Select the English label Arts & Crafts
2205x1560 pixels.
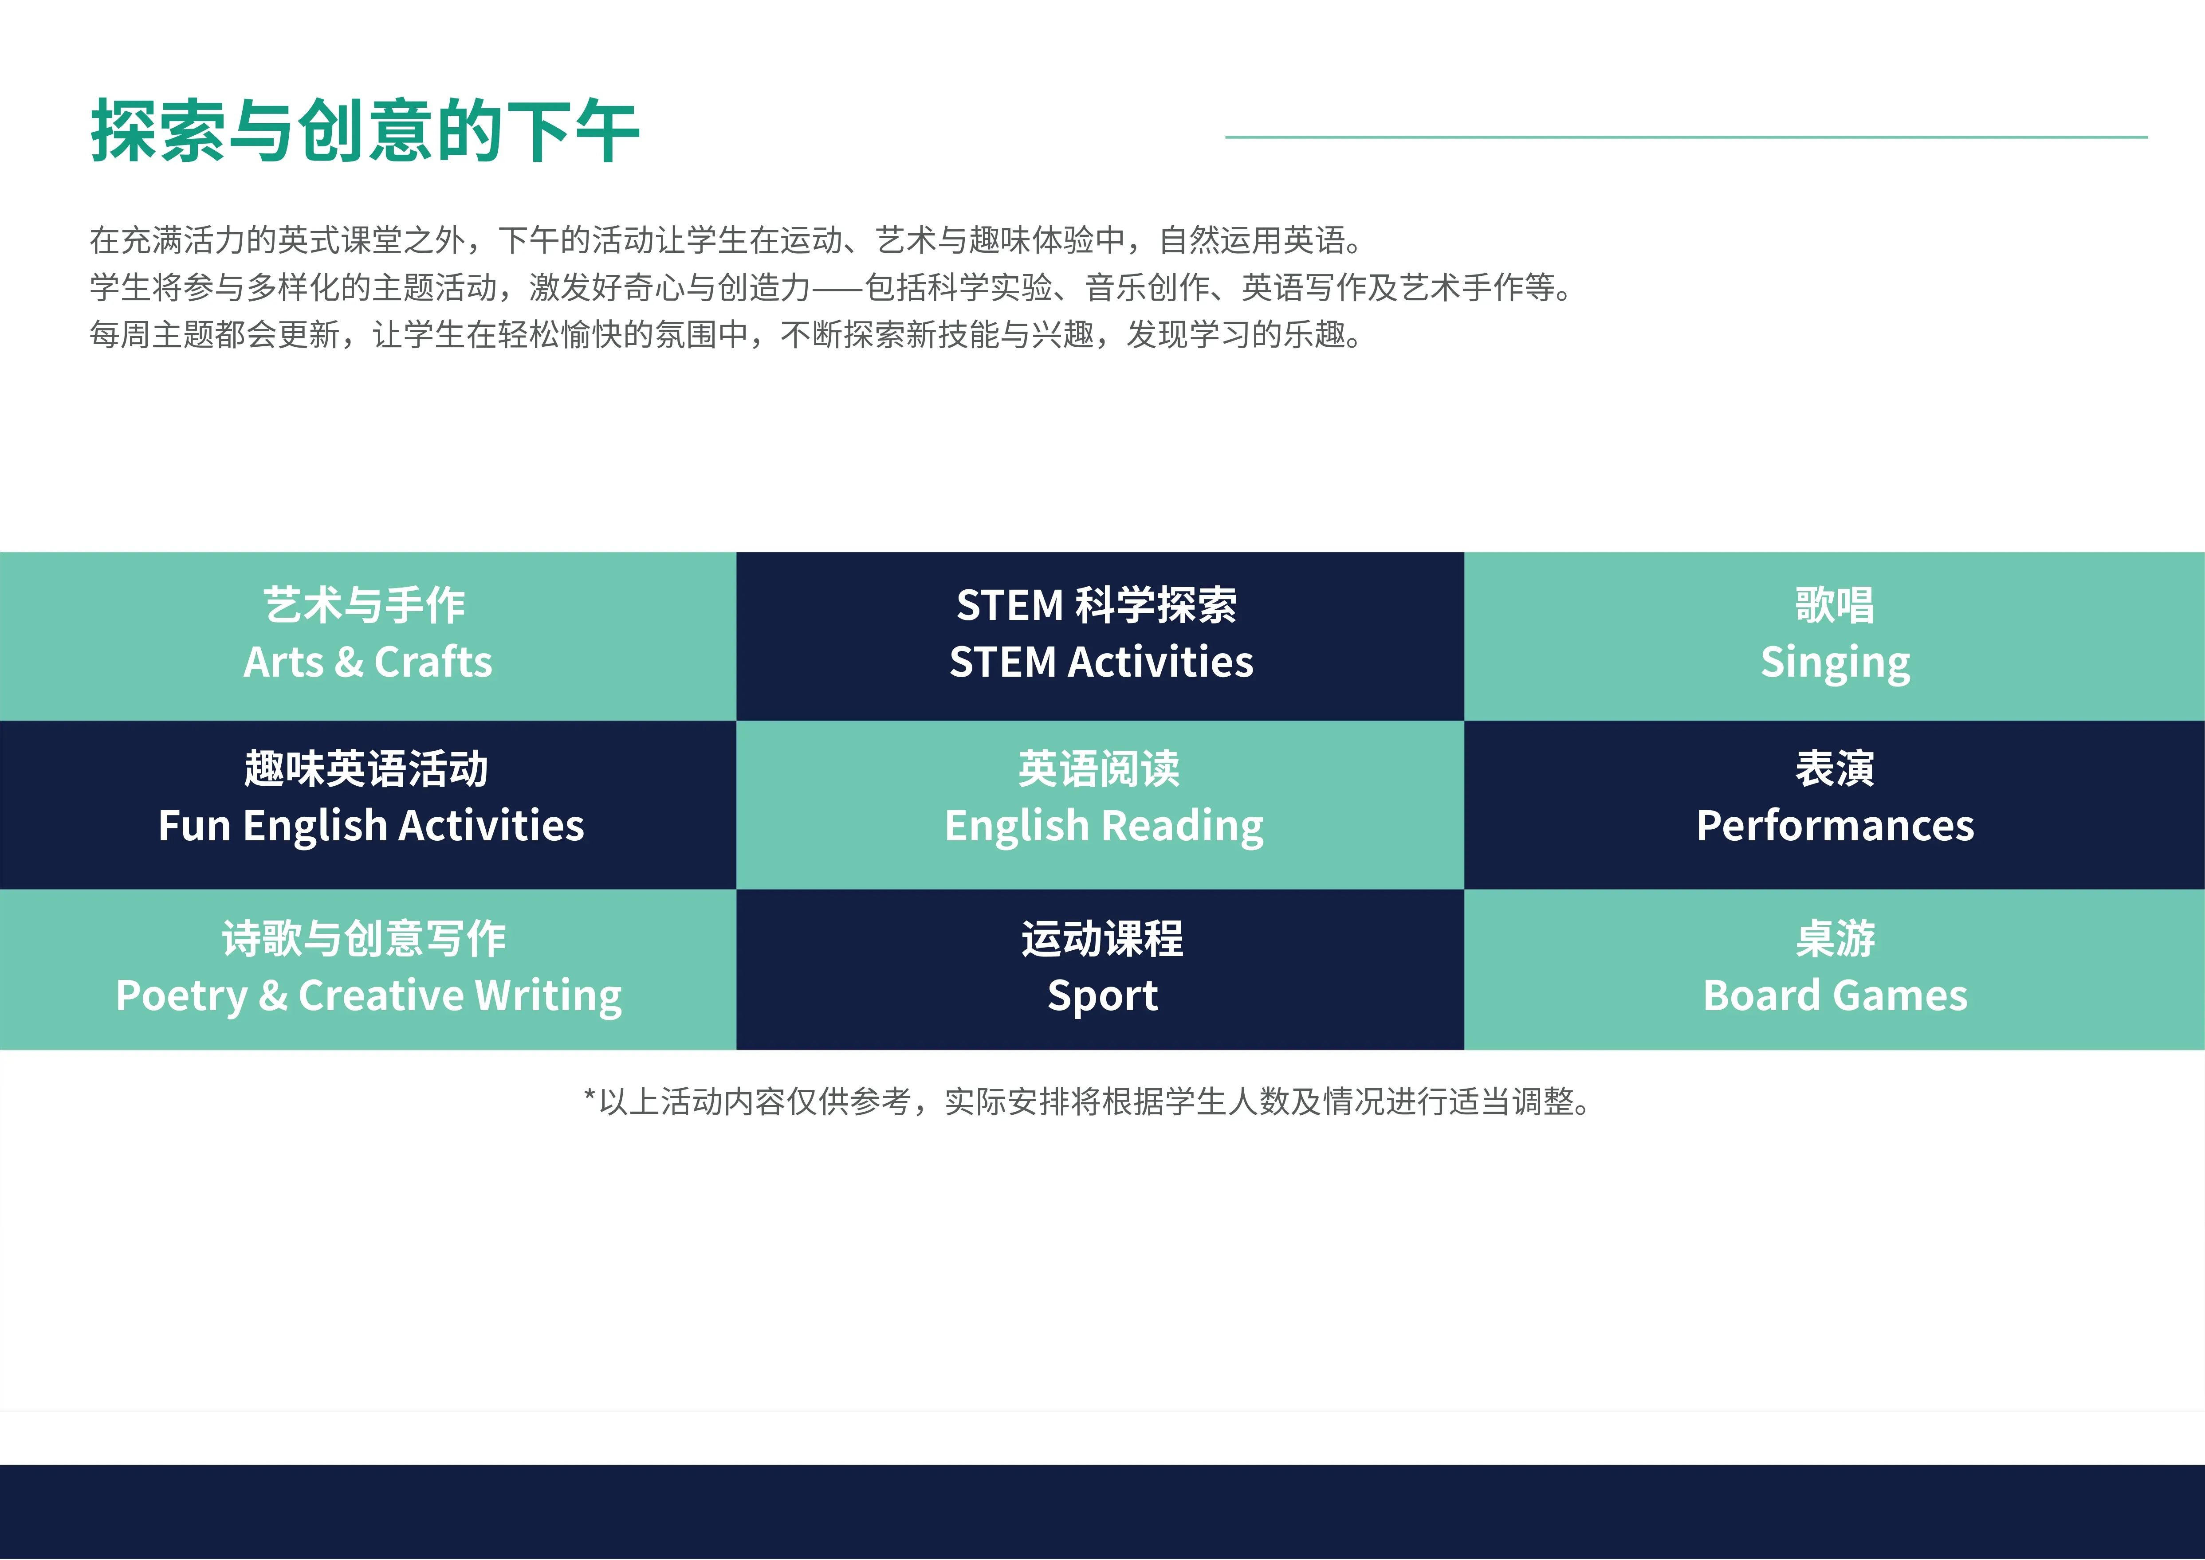click(x=368, y=662)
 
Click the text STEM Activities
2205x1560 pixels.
click(x=1101, y=662)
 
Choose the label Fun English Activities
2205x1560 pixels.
click(x=371, y=826)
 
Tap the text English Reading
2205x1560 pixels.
click(x=1104, y=826)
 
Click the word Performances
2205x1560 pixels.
click(x=1835, y=826)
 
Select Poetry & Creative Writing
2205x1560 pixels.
click(x=369, y=996)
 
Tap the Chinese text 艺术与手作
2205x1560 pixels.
click(x=365, y=605)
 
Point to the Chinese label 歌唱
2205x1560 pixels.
click(x=1835, y=605)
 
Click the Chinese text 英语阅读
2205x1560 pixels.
click(x=1099, y=768)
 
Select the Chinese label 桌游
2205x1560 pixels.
click(x=1835, y=938)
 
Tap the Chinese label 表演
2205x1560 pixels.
click(x=1835, y=768)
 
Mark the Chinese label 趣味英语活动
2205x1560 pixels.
click(x=366, y=768)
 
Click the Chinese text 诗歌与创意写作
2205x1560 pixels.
click(x=364, y=938)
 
